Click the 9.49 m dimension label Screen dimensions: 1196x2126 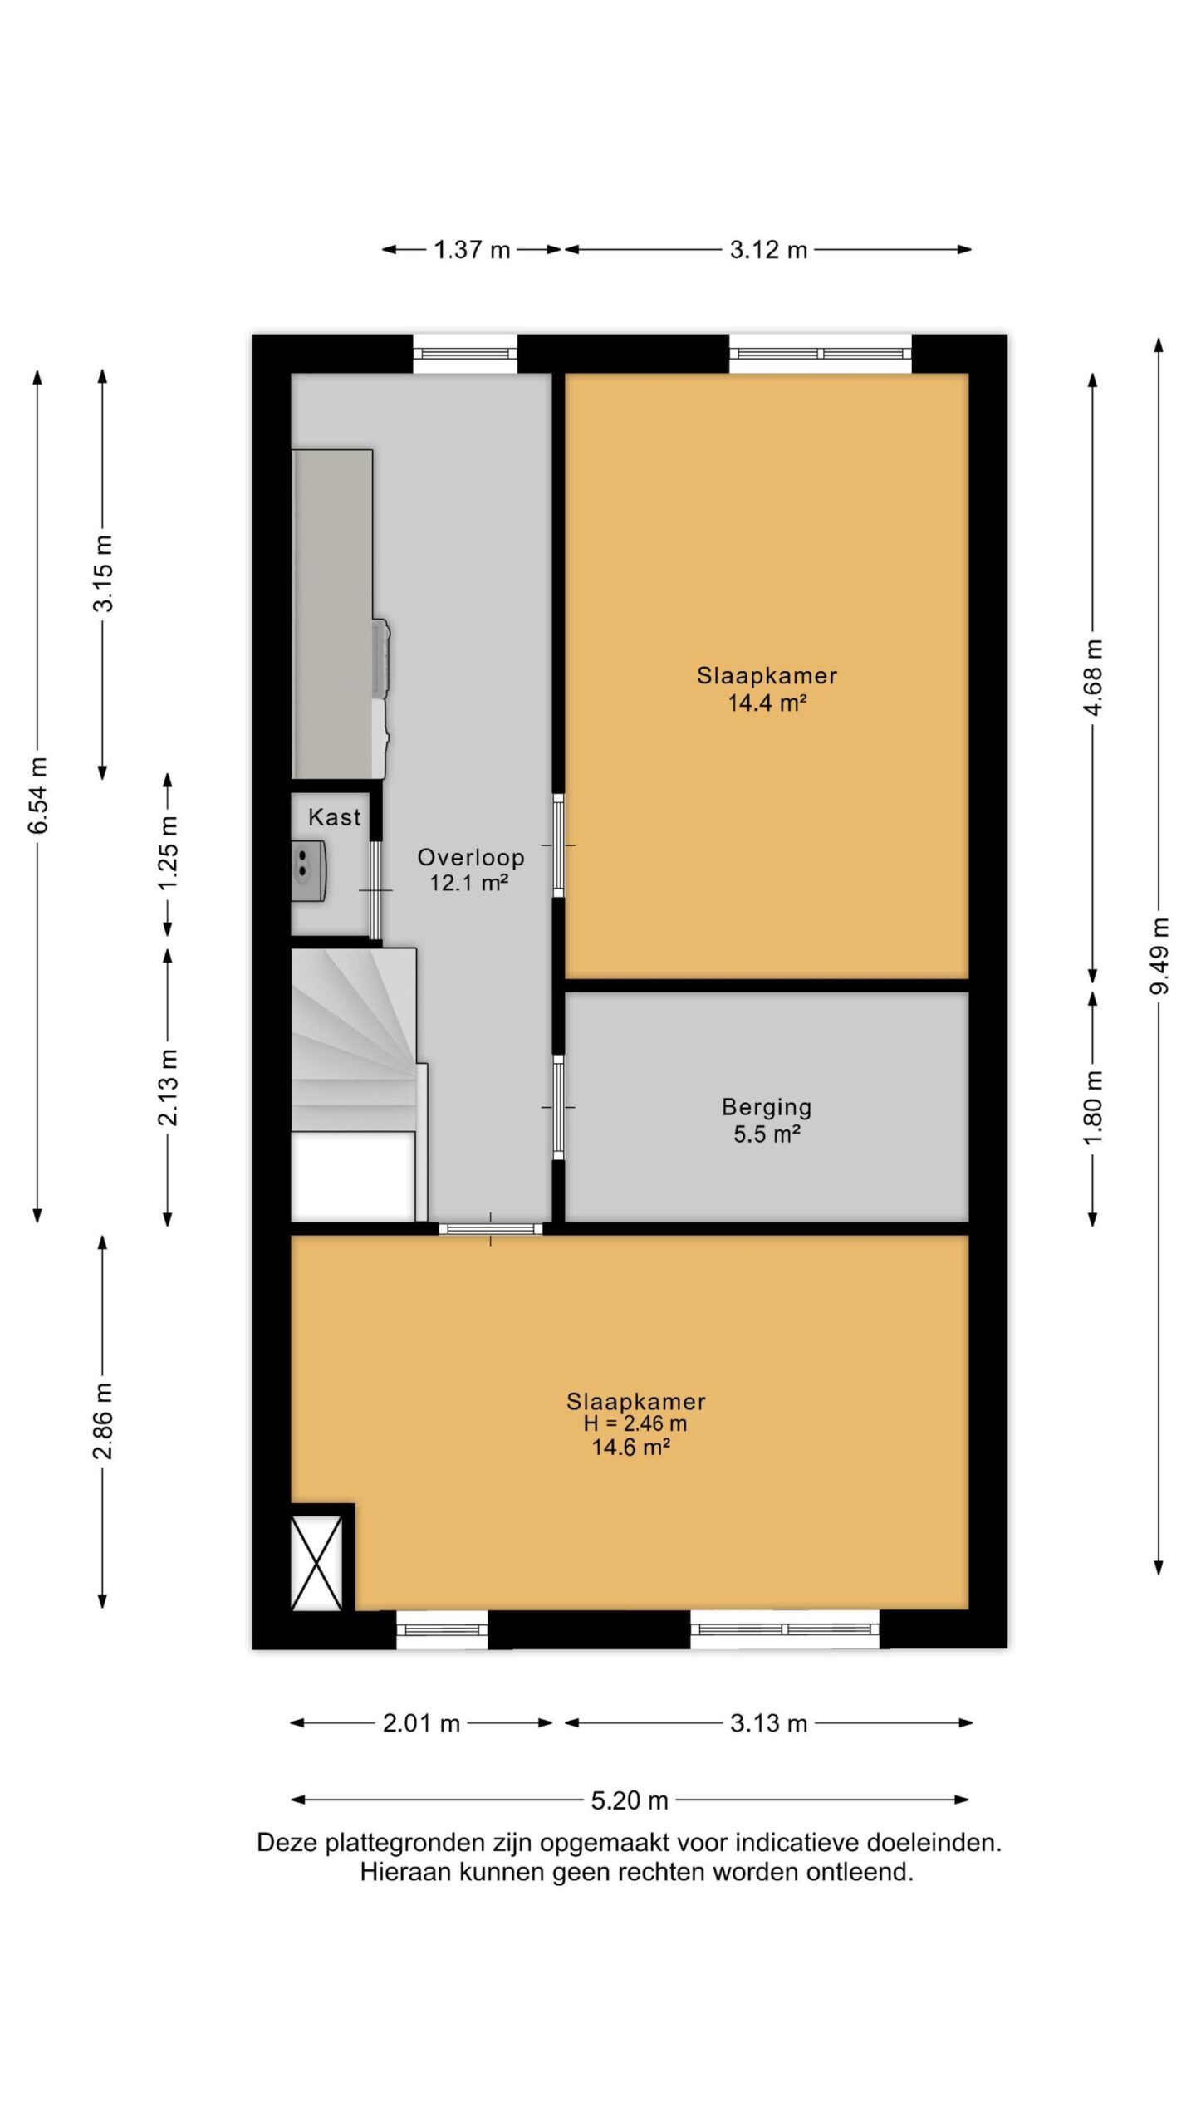[1159, 955]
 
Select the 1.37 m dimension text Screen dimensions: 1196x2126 [472, 249]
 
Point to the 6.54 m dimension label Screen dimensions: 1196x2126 [38, 795]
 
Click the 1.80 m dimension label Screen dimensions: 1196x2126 [1093, 1106]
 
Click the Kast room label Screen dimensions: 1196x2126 [335, 817]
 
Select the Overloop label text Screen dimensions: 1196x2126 [470, 857]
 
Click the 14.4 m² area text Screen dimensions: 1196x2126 [767, 703]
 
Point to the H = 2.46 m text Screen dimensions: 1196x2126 [635, 1423]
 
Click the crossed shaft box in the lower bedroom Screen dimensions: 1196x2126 [316, 1563]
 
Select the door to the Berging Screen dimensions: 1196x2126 [558, 1107]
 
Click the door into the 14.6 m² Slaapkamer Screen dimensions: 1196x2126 [490, 1229]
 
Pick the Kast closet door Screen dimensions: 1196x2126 [375, 890]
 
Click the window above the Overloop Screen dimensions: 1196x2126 [465, 354]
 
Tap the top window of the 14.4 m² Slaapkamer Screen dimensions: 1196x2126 [821, 354]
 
